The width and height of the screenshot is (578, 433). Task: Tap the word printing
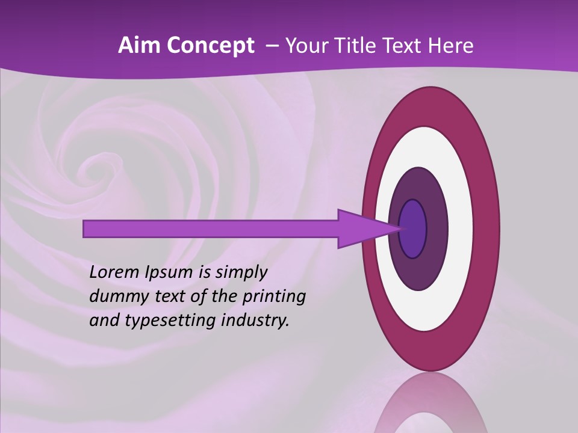(x=274, y=296)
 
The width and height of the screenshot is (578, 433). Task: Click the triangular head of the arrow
(x=361, y=229)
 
